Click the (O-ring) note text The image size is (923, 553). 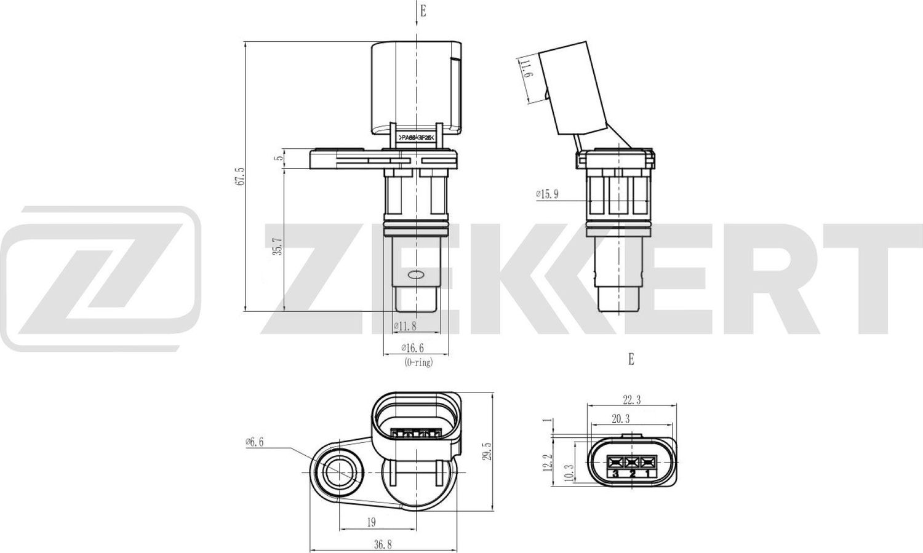click(x=418, y=363)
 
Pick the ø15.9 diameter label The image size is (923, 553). click(x=547, y=194)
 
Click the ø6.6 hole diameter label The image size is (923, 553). click(x=254, y=442)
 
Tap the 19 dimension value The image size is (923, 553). click(x=371, y=522)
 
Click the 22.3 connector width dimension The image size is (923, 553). click(x=631, y=400)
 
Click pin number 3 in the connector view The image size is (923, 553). click(x=615, y=474)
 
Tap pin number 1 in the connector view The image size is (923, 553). click(x=647, y=474)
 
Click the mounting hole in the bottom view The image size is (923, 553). click(x=338, y=472)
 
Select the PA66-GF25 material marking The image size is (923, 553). click(x=417, y=138)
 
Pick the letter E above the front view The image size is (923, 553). click(x=423, y=11)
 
